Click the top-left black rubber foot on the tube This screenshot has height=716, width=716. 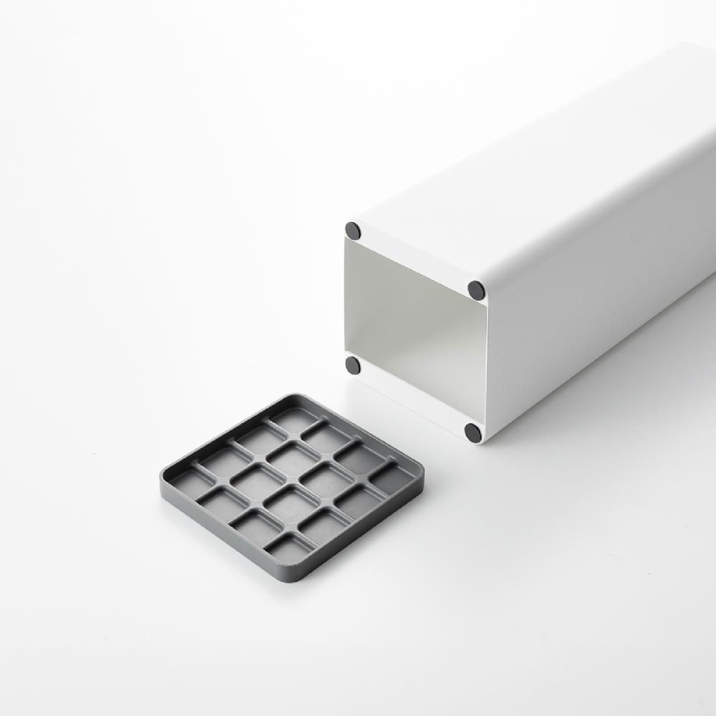[x=352, y=231]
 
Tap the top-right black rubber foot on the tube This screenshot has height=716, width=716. [x=476, y=290]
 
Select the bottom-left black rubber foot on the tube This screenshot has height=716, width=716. [x=352, y=365]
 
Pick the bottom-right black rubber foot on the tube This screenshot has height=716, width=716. [x=473, y=432]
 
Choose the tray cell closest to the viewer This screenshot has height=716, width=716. [x=288, y=549]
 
